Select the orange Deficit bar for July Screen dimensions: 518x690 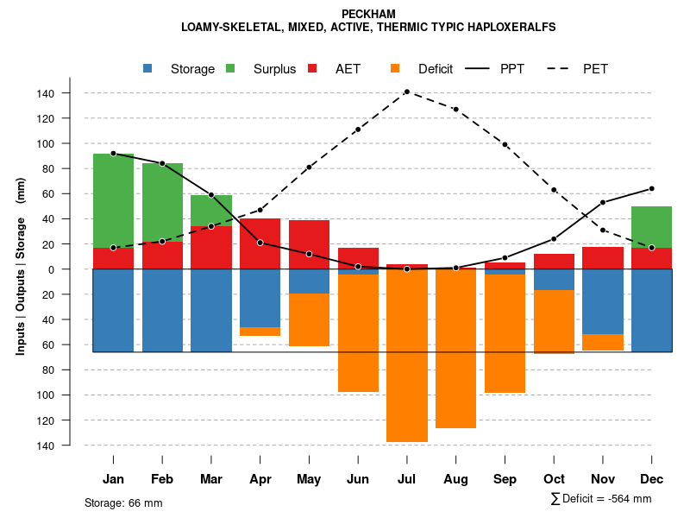(407, 356)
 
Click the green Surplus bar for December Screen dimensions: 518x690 (651, 227)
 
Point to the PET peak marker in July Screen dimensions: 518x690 (407, 92)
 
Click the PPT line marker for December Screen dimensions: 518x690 (651, 188)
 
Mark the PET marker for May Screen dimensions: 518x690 (309, 167)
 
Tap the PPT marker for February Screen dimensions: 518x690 (162, 163)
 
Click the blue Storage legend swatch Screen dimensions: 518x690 (149, 69)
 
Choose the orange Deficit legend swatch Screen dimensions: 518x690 (396, 69)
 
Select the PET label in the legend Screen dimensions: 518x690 (595, 69)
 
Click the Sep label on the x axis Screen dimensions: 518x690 (505, 479)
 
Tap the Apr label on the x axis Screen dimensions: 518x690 (260, 479)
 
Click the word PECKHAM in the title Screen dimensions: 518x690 (368, 14)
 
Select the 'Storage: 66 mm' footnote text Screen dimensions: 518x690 (123, 502)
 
